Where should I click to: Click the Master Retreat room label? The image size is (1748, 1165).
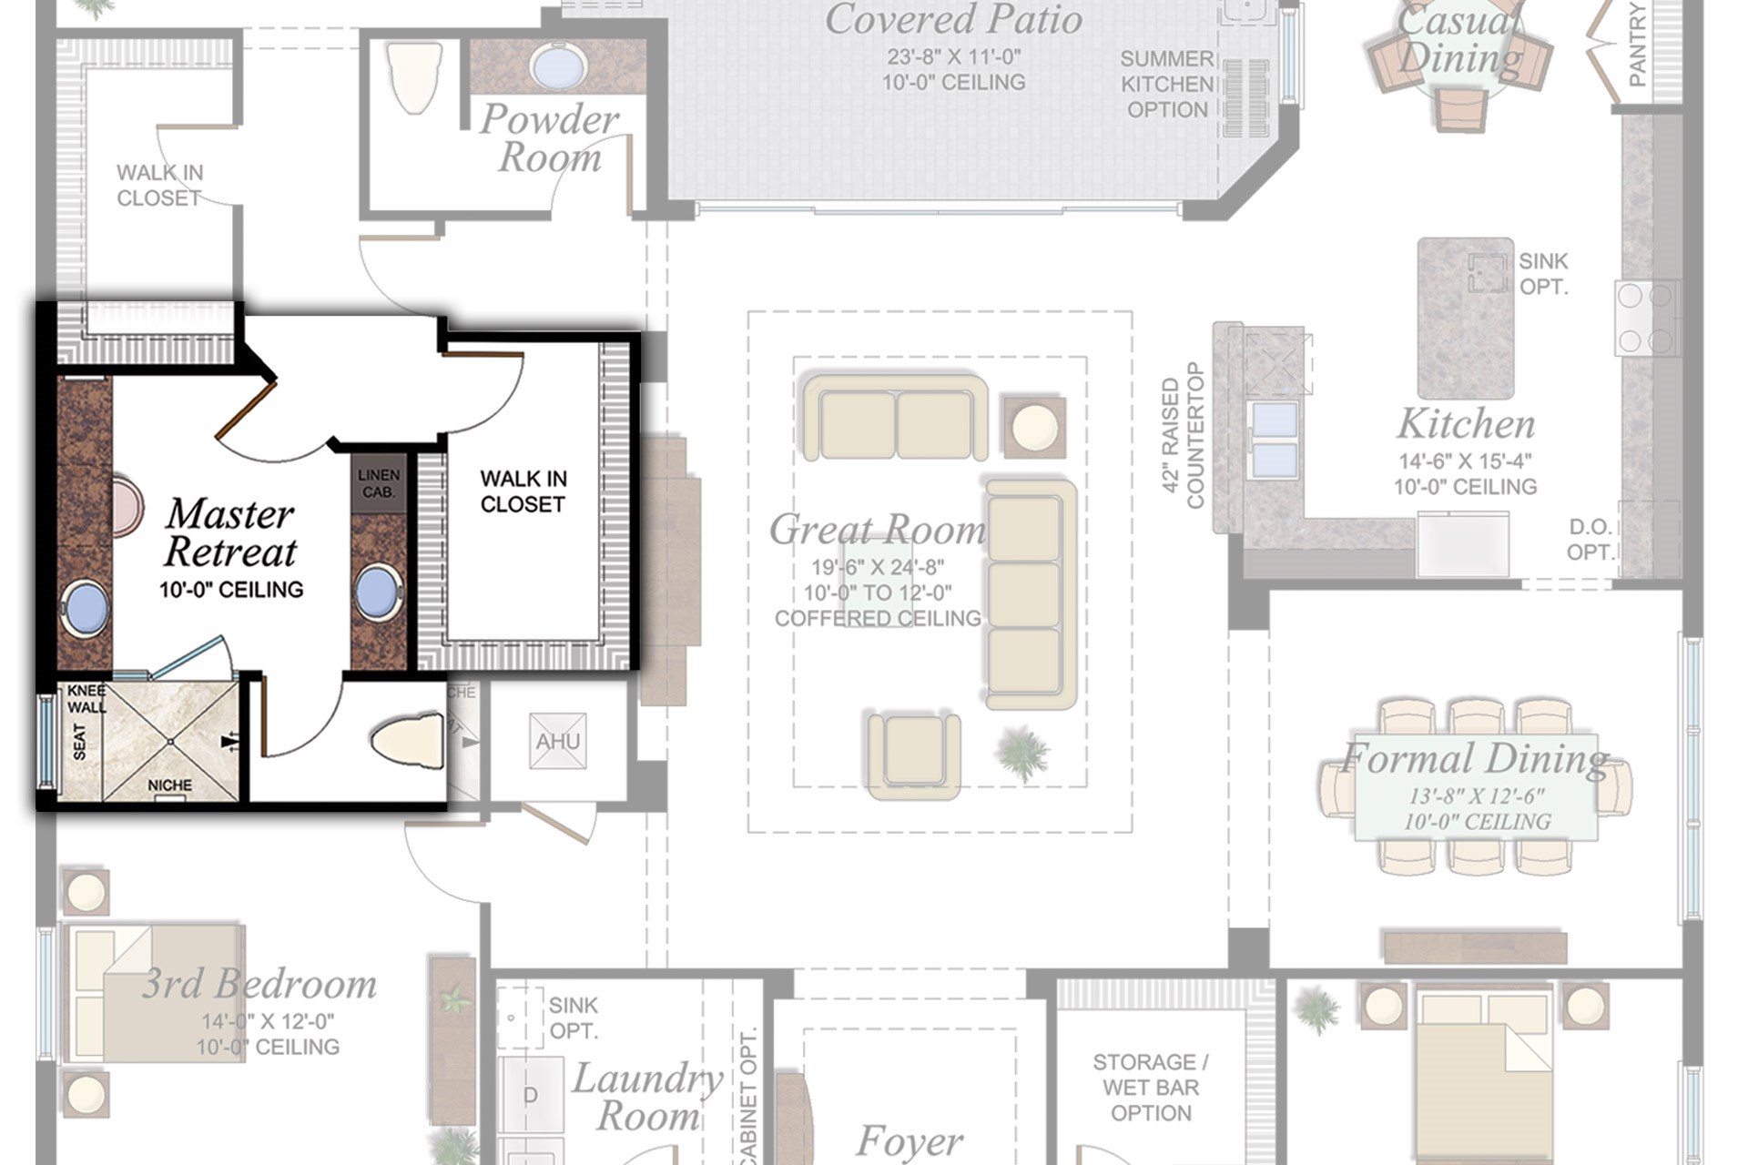click(x=230, y=533)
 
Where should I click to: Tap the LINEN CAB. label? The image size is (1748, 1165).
click(x=379, y=483)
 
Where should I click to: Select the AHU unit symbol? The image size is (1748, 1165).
click(x=557, y=741)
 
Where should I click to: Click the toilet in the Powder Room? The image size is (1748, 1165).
click(x=413, y=76)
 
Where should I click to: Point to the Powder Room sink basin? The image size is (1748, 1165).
click(x=558, y=66)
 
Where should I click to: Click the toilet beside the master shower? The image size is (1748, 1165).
click(x=409, y=741)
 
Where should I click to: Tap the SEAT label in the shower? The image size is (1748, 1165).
click(x=79, y=742)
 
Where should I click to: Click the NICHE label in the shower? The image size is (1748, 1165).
click(x=170, y=785)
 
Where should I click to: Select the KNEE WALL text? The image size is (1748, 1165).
click(x=86, y=699)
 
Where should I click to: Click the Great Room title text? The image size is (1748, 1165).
click(x=877, y=530)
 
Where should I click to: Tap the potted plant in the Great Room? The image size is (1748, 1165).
click(x=1022, y=754)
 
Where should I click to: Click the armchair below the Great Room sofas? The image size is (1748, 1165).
click(x=913, y=754)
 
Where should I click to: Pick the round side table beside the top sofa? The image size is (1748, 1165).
click(x=1035, y=426)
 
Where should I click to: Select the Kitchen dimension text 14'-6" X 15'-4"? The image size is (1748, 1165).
click(x=1465, y=461)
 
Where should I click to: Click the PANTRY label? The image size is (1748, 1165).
click(x=1637, y=46)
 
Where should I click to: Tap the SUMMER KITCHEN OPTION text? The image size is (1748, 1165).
click(x=1167, y=84)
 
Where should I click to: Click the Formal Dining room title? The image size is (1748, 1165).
click(x=1475, y=758)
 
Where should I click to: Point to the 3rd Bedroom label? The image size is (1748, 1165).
click(x=259, y=985)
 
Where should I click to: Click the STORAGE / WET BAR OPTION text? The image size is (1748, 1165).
click(x=1151, y=1088)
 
